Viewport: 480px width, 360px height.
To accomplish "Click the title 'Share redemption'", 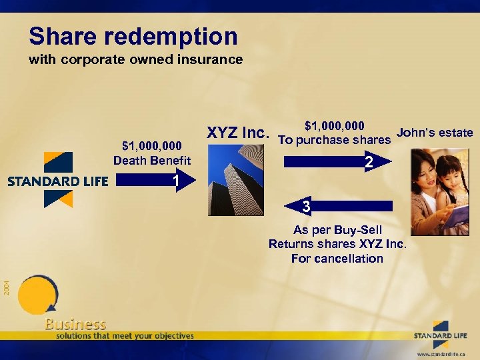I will pyautogui.click(x=133, y=36).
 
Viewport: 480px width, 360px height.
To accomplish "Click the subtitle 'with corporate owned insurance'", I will pyautogui.click(x=135, y=59).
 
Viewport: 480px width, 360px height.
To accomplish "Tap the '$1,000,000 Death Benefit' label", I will pyautogui.click(x=152, y=153).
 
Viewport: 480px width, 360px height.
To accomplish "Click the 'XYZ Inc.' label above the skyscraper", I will pyautogui.click(x=237, y=133).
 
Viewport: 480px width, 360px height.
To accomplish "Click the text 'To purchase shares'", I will pyautogui.click(x=334, y=139).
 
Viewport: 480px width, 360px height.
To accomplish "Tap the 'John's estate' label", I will pyautogui.click(x=435, y=132).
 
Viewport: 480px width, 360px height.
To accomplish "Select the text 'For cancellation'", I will pyautogui.click(x=337, y=258).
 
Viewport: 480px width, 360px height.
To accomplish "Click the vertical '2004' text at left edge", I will pyautogui.click(x=5, y=287).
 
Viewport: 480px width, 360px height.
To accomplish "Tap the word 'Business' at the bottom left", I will pyautogui.click(x=75, y=324).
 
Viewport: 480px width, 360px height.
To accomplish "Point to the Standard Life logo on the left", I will pyautogui.click(x=58, y=180).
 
